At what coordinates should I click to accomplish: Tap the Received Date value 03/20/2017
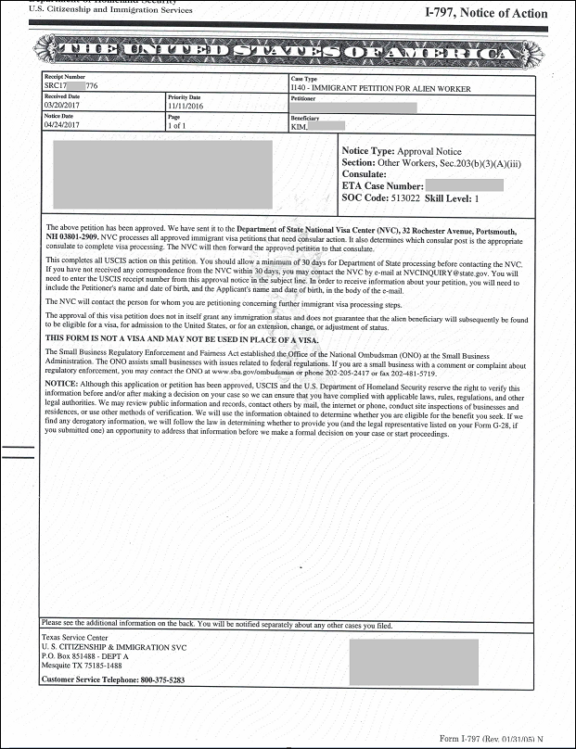[x=61, y=105]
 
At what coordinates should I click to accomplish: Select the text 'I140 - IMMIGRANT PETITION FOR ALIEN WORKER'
[x=380, y=89]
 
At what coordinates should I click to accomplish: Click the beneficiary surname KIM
[x=299, y=126]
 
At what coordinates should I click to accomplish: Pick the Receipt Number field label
[x=64, y=78]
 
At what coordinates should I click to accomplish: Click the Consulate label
[x=365, y=174]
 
